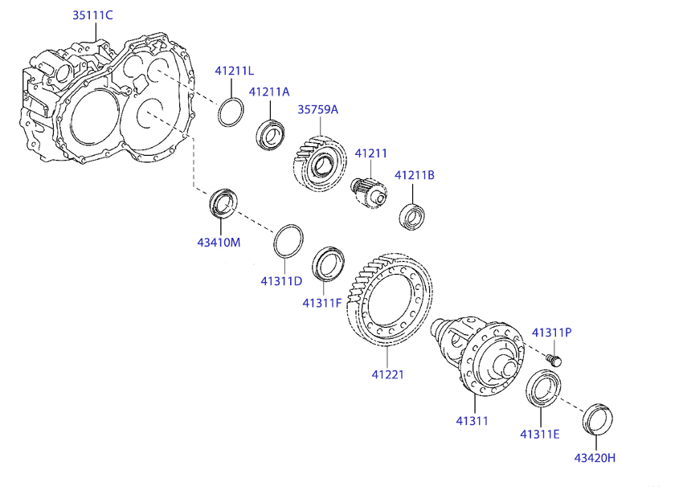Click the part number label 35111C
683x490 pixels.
click(92, 15)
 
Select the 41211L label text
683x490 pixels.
click(235, 71)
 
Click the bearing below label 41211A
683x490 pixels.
click(270, 135)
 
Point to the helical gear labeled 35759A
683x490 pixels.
click(320, 163)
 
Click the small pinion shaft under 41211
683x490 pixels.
click(369, 193)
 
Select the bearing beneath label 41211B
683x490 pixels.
click(412, 216)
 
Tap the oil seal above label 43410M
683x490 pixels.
click(223, 203)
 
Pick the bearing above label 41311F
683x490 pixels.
click(328, 264)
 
